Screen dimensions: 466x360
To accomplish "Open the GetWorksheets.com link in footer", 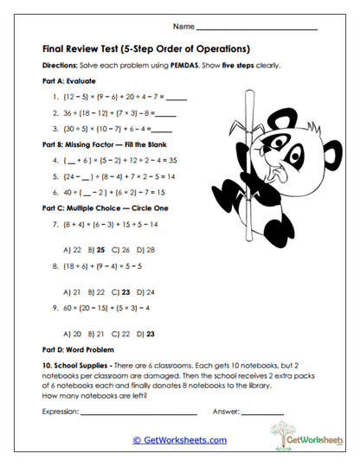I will [179, 440].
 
